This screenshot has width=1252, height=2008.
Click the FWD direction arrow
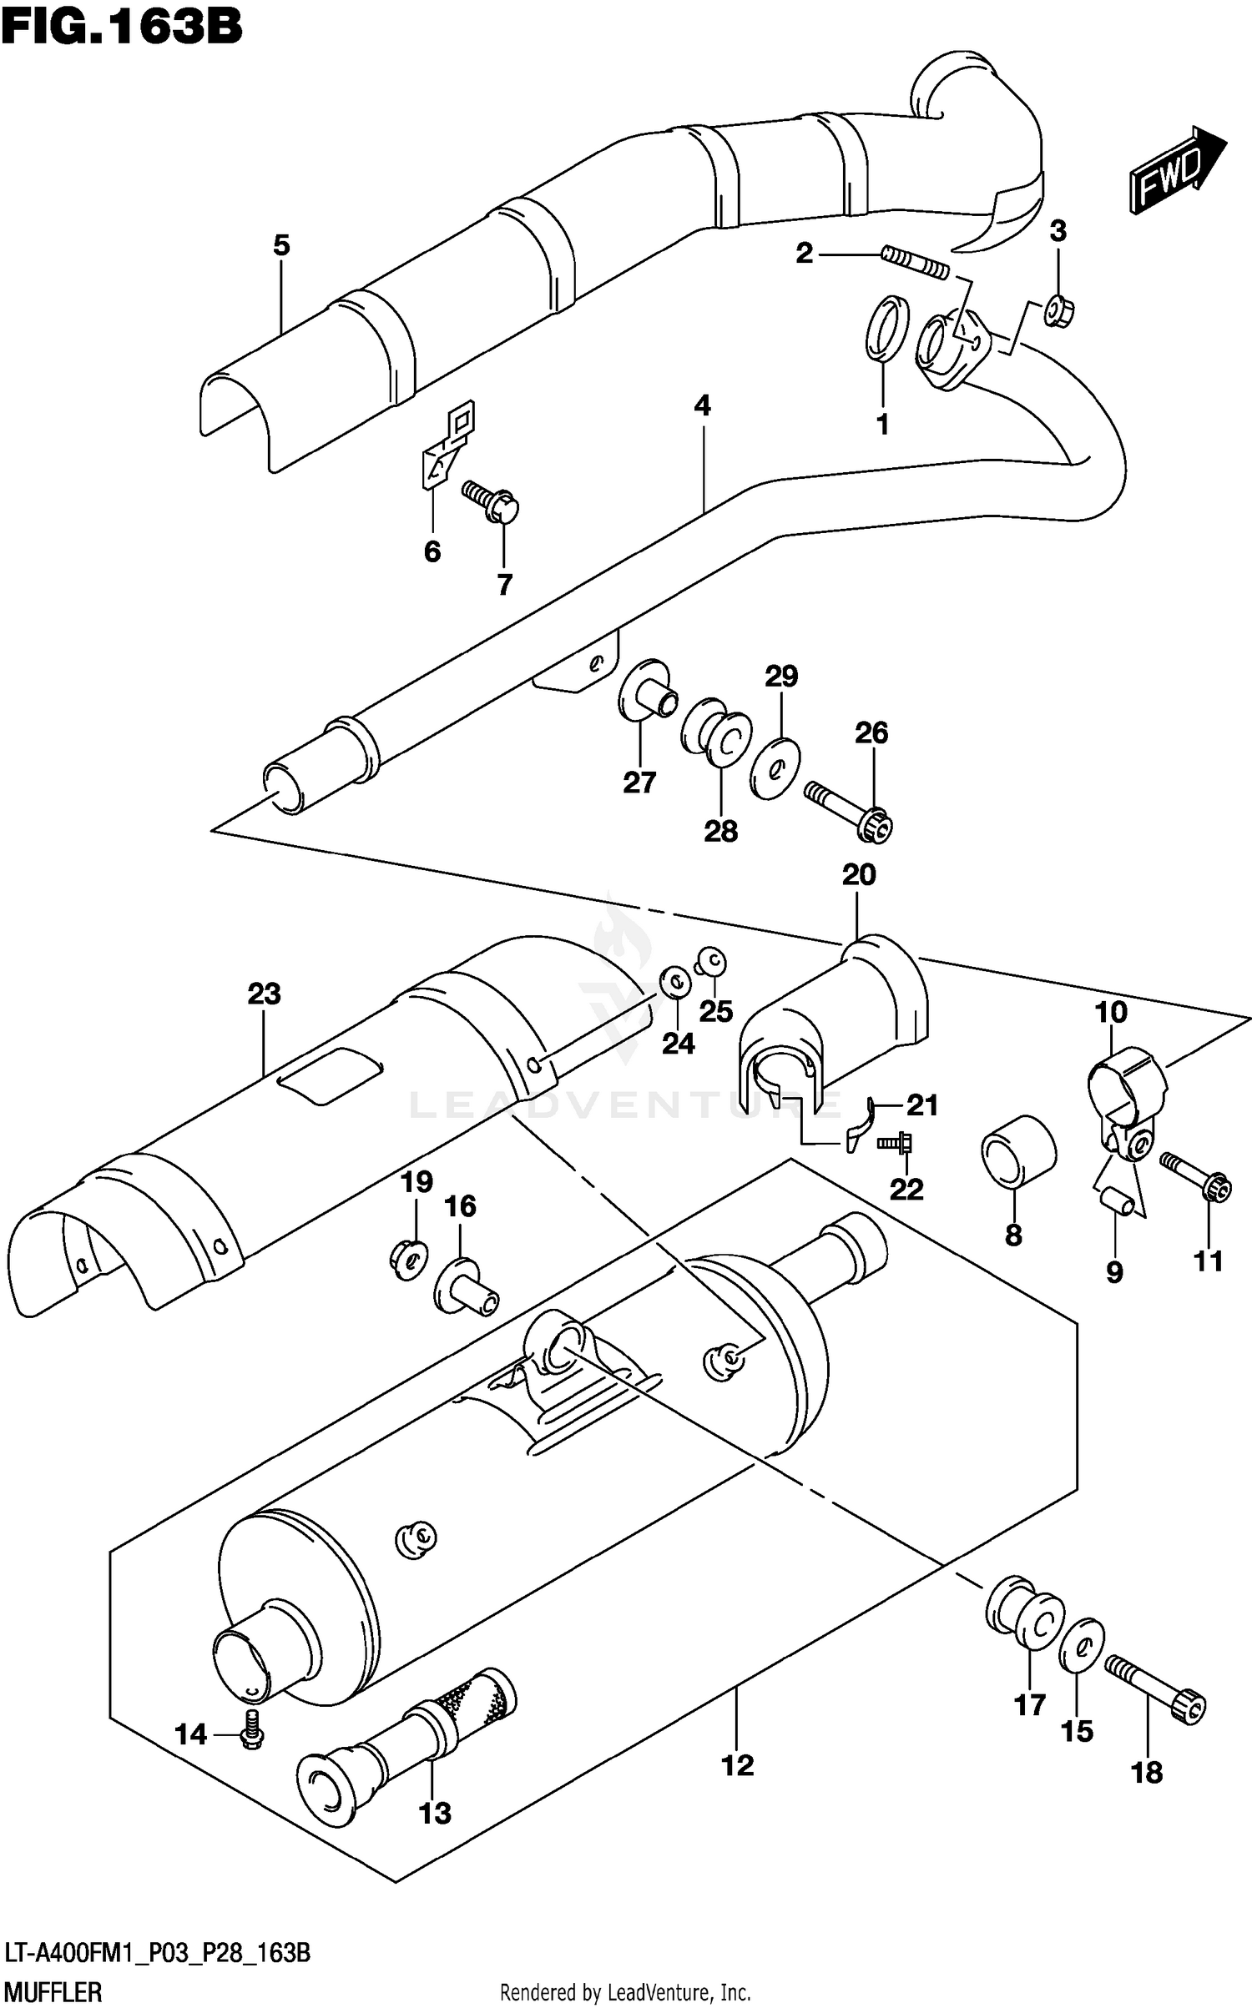coord(1176,169)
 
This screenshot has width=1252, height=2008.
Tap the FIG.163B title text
coord(122,27)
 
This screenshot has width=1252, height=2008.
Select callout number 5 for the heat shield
coord(281,245)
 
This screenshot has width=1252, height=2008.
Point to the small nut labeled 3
coord(1059,313)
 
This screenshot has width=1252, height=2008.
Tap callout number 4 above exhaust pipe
coord(702,406)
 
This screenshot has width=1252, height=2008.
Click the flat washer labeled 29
coord(775,767)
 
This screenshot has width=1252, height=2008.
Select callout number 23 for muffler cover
coord(264,994)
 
